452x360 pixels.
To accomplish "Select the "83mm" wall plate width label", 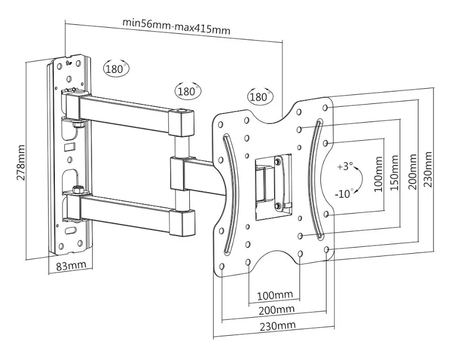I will point(71,265).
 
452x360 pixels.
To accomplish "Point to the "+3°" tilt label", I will point(344,167).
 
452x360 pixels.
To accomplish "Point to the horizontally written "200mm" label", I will point(275,309).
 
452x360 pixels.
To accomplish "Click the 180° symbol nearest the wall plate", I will point(116,69).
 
